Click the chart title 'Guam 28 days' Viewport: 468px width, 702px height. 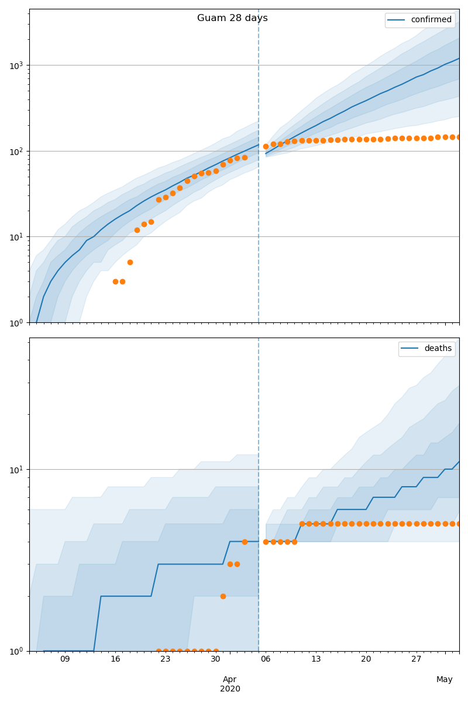pyautogui.click(x=232, y=18)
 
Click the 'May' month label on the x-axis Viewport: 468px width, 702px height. pyautogui.click(x=445, y=679)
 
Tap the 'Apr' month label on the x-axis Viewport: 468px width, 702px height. pyautogui.click(x=230, y=679)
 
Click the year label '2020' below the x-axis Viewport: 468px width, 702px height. pyautogui.click(x=230, y=689)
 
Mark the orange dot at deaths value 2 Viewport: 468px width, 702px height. pyautogui.click(x=223, y=596)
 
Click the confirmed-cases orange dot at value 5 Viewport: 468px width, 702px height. pyautogui.click(x=130, y=262)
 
